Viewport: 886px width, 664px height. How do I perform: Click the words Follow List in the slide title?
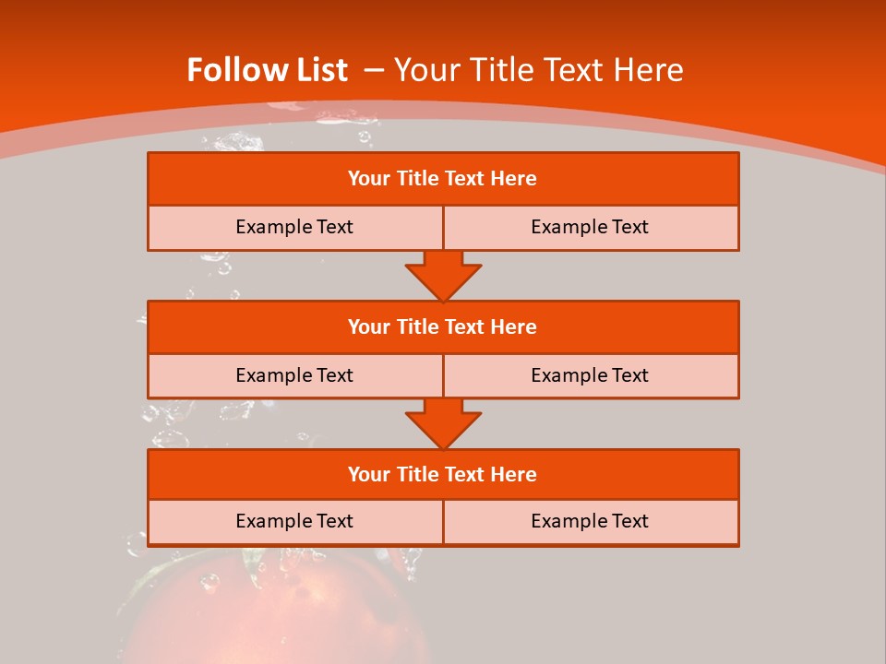tap(267, 70)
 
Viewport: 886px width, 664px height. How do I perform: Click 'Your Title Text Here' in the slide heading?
tap(538, 70)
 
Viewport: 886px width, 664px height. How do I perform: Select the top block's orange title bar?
tap(443, 179)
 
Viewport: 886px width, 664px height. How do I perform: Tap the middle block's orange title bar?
tap(443, 326)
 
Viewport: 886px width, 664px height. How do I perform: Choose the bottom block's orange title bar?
tap(443, 474)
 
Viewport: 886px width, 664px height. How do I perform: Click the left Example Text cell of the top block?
tap(294, 227)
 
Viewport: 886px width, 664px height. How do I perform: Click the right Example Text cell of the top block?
tap(590, 227)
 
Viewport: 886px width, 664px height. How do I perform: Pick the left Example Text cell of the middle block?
tap(294, 375)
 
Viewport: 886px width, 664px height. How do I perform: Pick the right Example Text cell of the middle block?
tap(590, 375)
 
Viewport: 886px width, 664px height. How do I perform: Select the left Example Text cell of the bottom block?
tap(294, 521)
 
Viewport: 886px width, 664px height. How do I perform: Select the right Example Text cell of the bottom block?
tap(590, 521)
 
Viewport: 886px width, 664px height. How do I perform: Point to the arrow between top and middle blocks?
tap(443, 275)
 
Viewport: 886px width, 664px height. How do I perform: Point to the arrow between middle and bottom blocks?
tap(443, 422)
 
